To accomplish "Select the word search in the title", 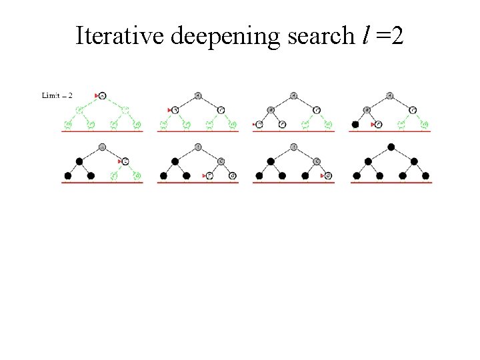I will pos(320,35).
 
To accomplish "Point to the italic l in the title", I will pos(365,35).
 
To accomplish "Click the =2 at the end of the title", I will pos(389,35).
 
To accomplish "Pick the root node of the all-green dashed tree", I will pos(102,95).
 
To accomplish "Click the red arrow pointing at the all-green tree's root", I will pos(97,95).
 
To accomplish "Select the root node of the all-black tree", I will pos(391,147).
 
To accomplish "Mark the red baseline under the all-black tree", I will pos(391,182).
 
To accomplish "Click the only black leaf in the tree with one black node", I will pos(355,124).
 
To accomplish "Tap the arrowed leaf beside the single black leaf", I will pos(378,124).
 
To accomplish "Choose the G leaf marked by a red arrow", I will pos(327,176).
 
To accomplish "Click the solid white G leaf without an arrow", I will pos(232,176).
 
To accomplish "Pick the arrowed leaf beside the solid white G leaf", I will pos(209,176).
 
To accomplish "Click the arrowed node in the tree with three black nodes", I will pos(125,161).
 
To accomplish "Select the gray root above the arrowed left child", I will pos(198,95).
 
